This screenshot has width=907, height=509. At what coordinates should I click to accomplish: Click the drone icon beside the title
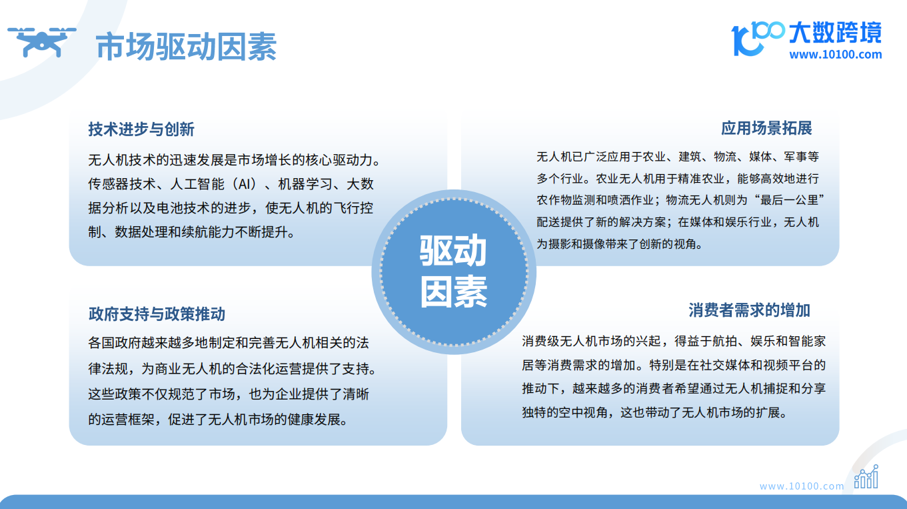tap(42, 42)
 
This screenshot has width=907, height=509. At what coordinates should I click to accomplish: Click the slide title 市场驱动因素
tap(186, 47)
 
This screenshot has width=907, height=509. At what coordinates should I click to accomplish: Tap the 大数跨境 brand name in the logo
tap(835, 33)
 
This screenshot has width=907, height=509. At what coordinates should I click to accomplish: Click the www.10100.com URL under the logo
tap(835, 54)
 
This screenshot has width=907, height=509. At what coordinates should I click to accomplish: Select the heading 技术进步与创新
tap(141, 129)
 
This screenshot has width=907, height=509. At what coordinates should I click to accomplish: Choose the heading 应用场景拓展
tap(766, 128)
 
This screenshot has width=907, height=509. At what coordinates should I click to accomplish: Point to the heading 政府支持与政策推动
tap(157, 314)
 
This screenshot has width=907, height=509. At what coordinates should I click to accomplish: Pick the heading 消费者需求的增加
tap(749, 310)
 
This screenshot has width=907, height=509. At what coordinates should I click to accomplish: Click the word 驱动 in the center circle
tap(453, 250)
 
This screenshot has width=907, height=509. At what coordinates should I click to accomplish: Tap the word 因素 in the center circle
tap(453, 292)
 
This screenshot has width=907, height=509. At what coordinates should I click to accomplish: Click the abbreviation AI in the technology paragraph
tap(244, 184)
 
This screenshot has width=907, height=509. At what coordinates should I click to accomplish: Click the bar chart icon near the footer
tap(866, 476)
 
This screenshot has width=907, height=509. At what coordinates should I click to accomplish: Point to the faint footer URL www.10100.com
tap(802, 486)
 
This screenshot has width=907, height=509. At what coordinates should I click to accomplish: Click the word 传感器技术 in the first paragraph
tap(122, 184)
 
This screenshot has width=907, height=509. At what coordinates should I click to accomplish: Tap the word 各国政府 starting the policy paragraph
tap(115, 343)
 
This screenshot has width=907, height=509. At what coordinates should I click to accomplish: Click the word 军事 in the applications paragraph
tap(795, 156)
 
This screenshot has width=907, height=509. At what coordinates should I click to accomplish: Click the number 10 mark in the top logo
tap(744, 40)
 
